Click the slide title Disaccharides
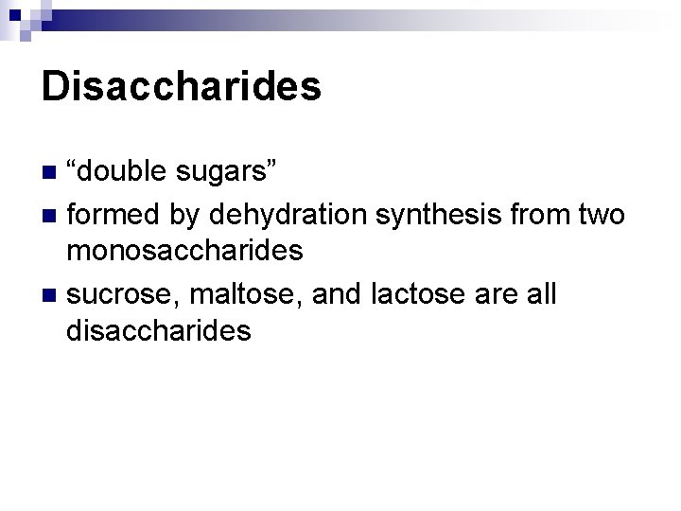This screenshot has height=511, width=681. point(182,87)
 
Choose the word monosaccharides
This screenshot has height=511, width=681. point(184,251)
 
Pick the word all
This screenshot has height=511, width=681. point(540,294)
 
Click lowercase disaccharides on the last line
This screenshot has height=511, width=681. point(159,330)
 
